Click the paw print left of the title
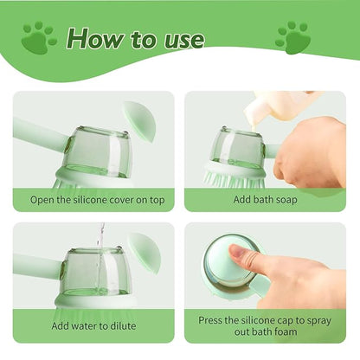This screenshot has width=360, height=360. click(x=38, y=38)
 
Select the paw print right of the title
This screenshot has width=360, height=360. click(x=292, y=38)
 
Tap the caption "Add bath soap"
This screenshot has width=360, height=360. click(x=266, y=200)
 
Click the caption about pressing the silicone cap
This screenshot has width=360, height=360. click(x=266, y=326)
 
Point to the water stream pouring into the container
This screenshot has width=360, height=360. click(x=101, y=251)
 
